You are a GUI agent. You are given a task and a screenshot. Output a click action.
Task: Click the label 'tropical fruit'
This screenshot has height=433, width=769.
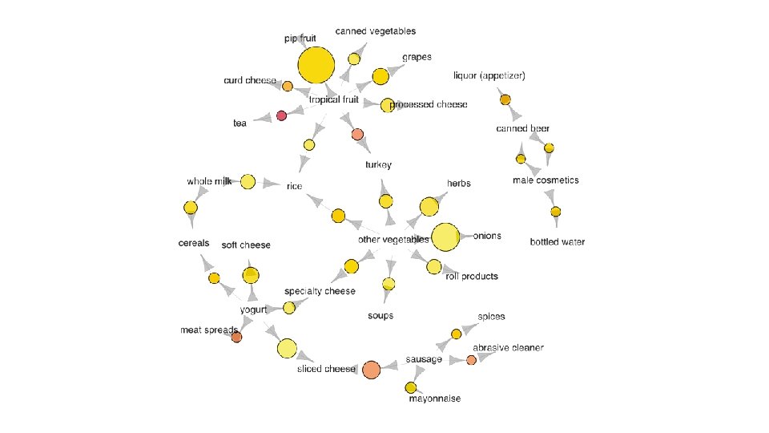334,99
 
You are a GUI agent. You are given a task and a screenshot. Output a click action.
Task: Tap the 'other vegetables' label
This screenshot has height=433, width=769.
393,240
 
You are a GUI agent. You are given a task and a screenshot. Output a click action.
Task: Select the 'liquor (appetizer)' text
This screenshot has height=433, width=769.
489,75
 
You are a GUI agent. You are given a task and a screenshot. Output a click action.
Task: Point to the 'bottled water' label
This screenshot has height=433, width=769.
558,242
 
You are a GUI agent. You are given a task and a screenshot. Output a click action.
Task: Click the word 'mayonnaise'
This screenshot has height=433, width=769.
434,399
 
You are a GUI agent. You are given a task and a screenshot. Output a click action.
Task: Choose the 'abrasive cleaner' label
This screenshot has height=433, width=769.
508,348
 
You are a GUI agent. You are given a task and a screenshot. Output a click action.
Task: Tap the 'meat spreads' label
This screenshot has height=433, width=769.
209,330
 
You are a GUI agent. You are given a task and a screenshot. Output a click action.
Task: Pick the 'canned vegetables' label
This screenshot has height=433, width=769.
376,31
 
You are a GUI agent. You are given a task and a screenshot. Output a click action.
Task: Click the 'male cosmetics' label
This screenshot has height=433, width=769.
546,180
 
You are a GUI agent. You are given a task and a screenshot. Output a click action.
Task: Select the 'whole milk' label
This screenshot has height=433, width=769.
209,182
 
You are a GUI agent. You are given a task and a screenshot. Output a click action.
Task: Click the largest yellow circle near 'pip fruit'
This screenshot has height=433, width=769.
316,66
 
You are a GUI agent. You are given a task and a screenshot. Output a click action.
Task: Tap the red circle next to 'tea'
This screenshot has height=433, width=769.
281,115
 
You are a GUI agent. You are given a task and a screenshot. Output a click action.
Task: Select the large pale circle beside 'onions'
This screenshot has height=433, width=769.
445,237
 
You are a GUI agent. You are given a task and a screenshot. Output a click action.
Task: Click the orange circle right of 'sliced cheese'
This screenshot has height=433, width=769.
371,369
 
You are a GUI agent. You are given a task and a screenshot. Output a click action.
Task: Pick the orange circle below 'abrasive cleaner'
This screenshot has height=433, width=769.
471,360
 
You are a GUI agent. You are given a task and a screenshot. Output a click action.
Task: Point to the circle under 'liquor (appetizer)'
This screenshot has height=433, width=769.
505,99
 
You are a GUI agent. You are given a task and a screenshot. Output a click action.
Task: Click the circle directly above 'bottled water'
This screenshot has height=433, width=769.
555,212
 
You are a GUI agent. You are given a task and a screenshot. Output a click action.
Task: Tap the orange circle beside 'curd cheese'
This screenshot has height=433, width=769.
287,85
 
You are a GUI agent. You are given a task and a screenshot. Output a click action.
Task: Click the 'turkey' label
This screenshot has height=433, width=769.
378,165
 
